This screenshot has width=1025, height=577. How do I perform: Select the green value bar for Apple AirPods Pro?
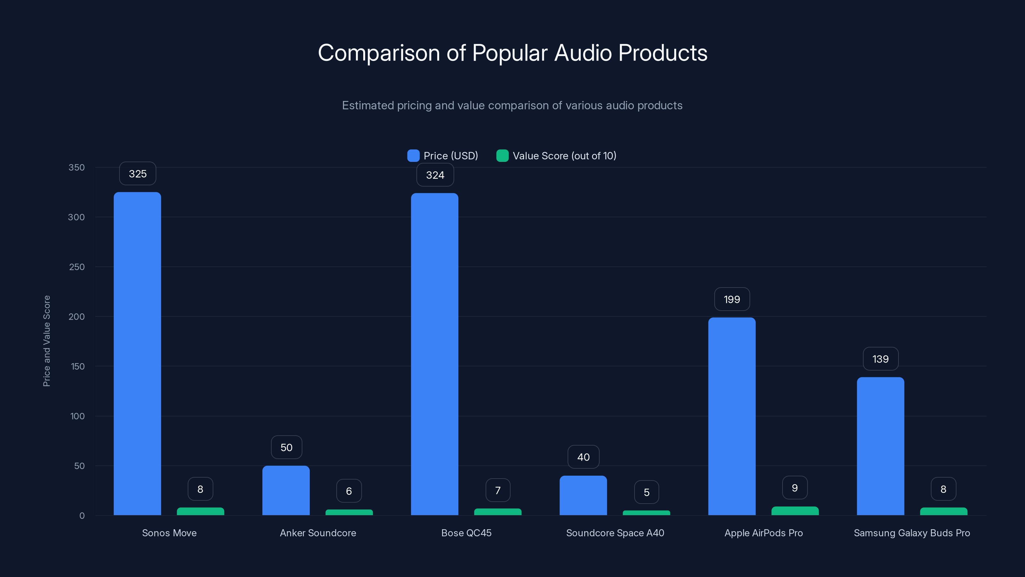(795, 511)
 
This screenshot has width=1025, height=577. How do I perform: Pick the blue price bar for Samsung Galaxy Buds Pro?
(880, 446)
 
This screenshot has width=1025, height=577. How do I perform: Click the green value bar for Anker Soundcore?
(349, 513)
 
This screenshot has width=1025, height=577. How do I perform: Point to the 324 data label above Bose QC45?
(435, 175)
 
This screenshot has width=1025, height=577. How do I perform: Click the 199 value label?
(732, 299)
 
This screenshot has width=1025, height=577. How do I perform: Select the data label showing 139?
(880, 359)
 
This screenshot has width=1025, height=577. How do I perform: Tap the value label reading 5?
(646, 493)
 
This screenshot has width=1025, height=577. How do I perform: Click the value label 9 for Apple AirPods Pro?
(795, 488)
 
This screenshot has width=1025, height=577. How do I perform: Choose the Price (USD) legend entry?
(442, 156)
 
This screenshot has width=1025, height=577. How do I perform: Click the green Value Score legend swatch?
(502, 156)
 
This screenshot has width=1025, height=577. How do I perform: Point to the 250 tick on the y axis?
(77, 267)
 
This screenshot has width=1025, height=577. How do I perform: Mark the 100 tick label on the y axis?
(77, 416)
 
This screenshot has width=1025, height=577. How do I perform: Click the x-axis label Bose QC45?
(466, 533)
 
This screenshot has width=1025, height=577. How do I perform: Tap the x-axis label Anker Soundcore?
(317, 533)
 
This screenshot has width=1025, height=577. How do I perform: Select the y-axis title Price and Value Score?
(46, 341)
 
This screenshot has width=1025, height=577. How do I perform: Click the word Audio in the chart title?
(583, 53)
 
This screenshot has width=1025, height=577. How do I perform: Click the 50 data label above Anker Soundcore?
(286, 447)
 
